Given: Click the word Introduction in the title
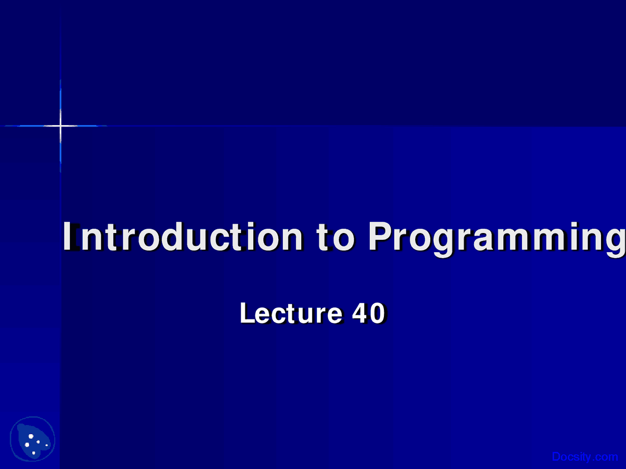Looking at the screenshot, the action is (182, 236).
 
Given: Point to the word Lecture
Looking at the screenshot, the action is (291, 313).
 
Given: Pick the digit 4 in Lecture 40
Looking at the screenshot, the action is (360, 313).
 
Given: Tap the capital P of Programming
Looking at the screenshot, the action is (380, 236).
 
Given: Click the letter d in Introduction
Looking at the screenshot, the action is (172, 236).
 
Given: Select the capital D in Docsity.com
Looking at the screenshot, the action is (557, 456).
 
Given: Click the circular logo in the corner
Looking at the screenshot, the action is (32, 439).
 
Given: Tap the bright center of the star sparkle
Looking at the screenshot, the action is (61, 126).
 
